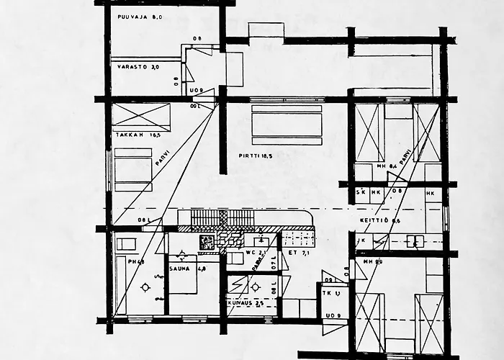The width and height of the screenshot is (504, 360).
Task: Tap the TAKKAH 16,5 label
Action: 134,135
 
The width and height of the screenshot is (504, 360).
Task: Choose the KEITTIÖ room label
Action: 375,220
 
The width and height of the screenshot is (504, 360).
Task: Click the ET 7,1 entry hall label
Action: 298,253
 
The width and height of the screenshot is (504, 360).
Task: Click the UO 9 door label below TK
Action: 332,316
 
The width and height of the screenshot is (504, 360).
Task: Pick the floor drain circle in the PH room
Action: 146,287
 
